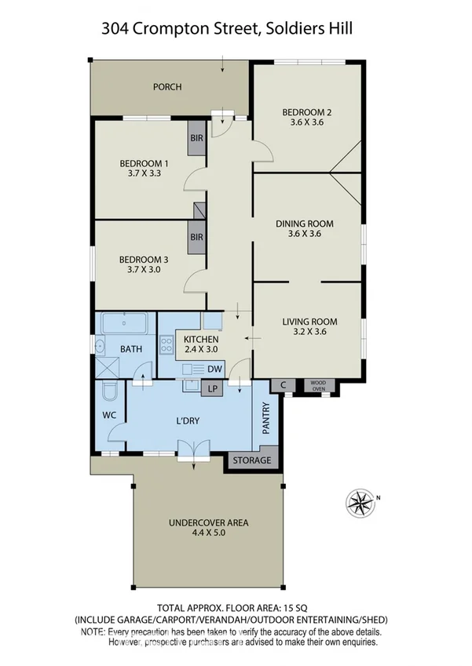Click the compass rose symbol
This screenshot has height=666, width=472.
click(360, 500)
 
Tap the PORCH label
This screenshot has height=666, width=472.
click(167, 87)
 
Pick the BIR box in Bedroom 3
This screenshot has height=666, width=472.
click(196, 236)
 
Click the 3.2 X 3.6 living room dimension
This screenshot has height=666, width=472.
click(309, 332)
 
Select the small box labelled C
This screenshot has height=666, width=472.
click(283, 384)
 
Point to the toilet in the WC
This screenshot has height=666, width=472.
click(108, 390)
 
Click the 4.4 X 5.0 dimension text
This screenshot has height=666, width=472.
click(185, 534)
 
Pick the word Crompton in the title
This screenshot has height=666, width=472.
click(174, 29)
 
